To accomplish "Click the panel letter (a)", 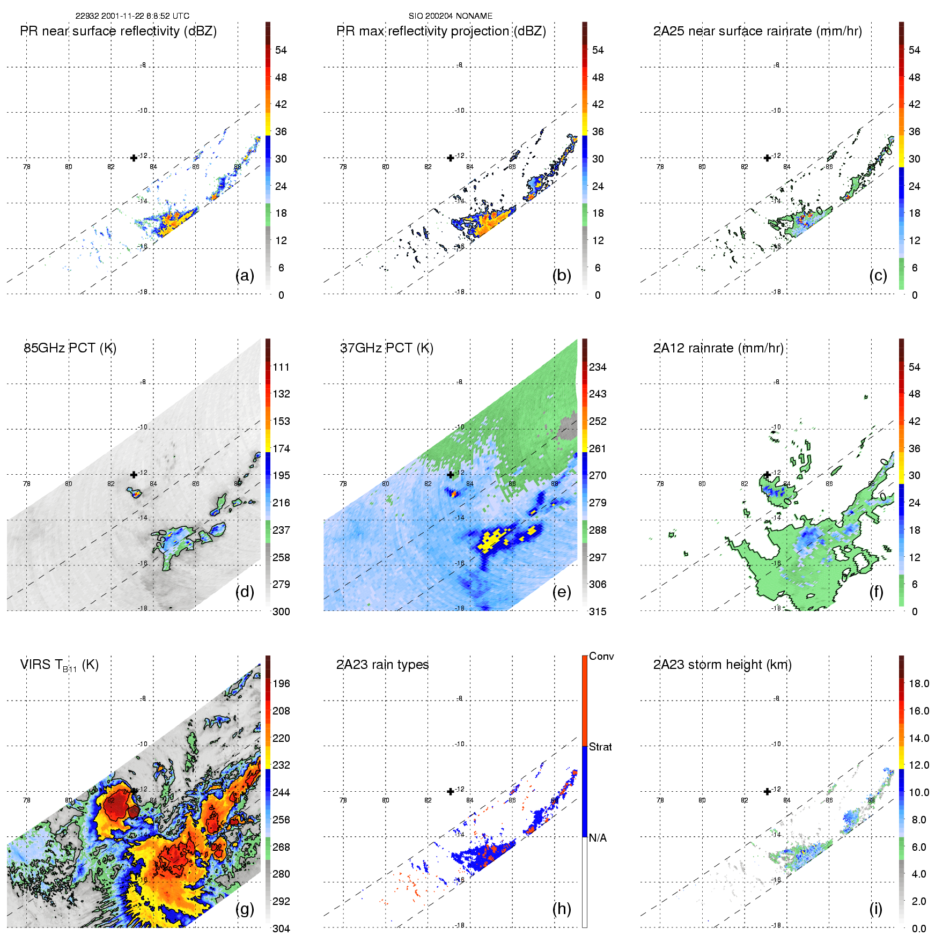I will pyautogui.click(x=245, y=275).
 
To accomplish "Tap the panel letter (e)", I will pyautogui.click(x=561, y=592).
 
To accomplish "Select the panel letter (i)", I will pyautogui.click(x=875, y=909).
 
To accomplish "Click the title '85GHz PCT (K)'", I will pyautogui.click(x=70, y=348).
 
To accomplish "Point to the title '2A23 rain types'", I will pyautogui.click(x=382, y=665).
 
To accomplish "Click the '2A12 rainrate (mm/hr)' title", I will pyautogui.click(x=718, y=348).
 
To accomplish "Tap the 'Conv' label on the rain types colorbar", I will pyautogui.click(x=601, y=656).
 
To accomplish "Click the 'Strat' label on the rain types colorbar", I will pyautogui.click(x=600, y=747).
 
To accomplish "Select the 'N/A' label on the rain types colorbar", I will pyautogui.click(x=598, y=838).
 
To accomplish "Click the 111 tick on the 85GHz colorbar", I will pyautogui.click(x=281, y=367).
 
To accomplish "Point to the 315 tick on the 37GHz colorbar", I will pyautogui.click(x=598, y=612).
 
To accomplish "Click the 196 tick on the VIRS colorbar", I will pyautogui.click(x=281, y=683).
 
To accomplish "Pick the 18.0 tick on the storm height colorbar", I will pyautogui.click(x=919, y=683).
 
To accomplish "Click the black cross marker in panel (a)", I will pyautogui.click(x=134, y=158).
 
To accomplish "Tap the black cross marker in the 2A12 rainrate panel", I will pyautogui.click(x=767, y=475).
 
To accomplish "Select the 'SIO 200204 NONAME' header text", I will pyautogui.click(x=451, y=16).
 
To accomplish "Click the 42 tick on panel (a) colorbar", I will pyautogui.click(x=281, y=104).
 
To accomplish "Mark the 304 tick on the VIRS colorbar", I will pyautogui.click(x=281, y=929).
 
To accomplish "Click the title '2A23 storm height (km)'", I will pyautogui.click(x=722, y=665).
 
